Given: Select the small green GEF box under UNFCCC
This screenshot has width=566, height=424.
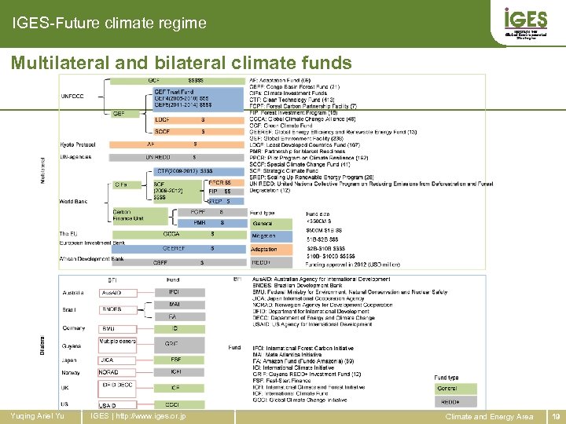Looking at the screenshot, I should tap(119, 114).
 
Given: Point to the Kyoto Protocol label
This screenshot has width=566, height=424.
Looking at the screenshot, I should tap(78, 144).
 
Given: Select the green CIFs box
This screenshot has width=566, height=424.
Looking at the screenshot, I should tap(122, 185).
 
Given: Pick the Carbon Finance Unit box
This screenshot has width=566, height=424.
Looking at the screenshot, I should tap(127, 214).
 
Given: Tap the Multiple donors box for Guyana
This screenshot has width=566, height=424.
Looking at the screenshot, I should tap(116, 342).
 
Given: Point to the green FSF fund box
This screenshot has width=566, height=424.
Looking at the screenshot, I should tap(175, 360).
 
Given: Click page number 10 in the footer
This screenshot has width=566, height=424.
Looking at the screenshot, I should tap(557, 417).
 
